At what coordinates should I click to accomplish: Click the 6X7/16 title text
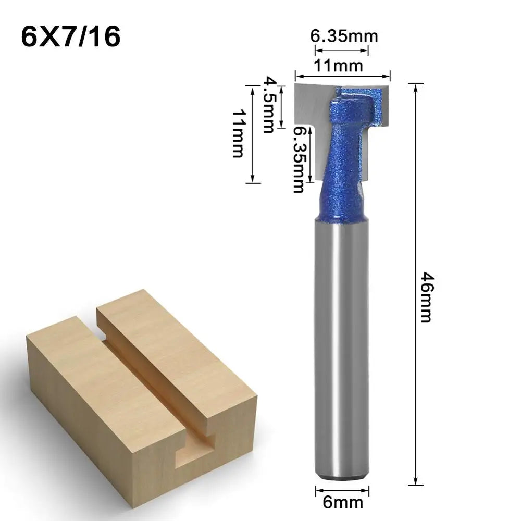click(71, 37)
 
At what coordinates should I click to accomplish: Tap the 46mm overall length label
click(426, 297)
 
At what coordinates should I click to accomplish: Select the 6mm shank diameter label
click(342, 503)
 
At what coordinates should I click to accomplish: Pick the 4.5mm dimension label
click(268, 105)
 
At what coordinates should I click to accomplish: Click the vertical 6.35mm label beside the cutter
click(297, 159)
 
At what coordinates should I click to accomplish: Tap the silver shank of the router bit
click(342, 339)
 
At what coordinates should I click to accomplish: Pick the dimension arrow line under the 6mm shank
click(342, 489)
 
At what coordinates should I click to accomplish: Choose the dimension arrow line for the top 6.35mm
click(342, 50)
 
